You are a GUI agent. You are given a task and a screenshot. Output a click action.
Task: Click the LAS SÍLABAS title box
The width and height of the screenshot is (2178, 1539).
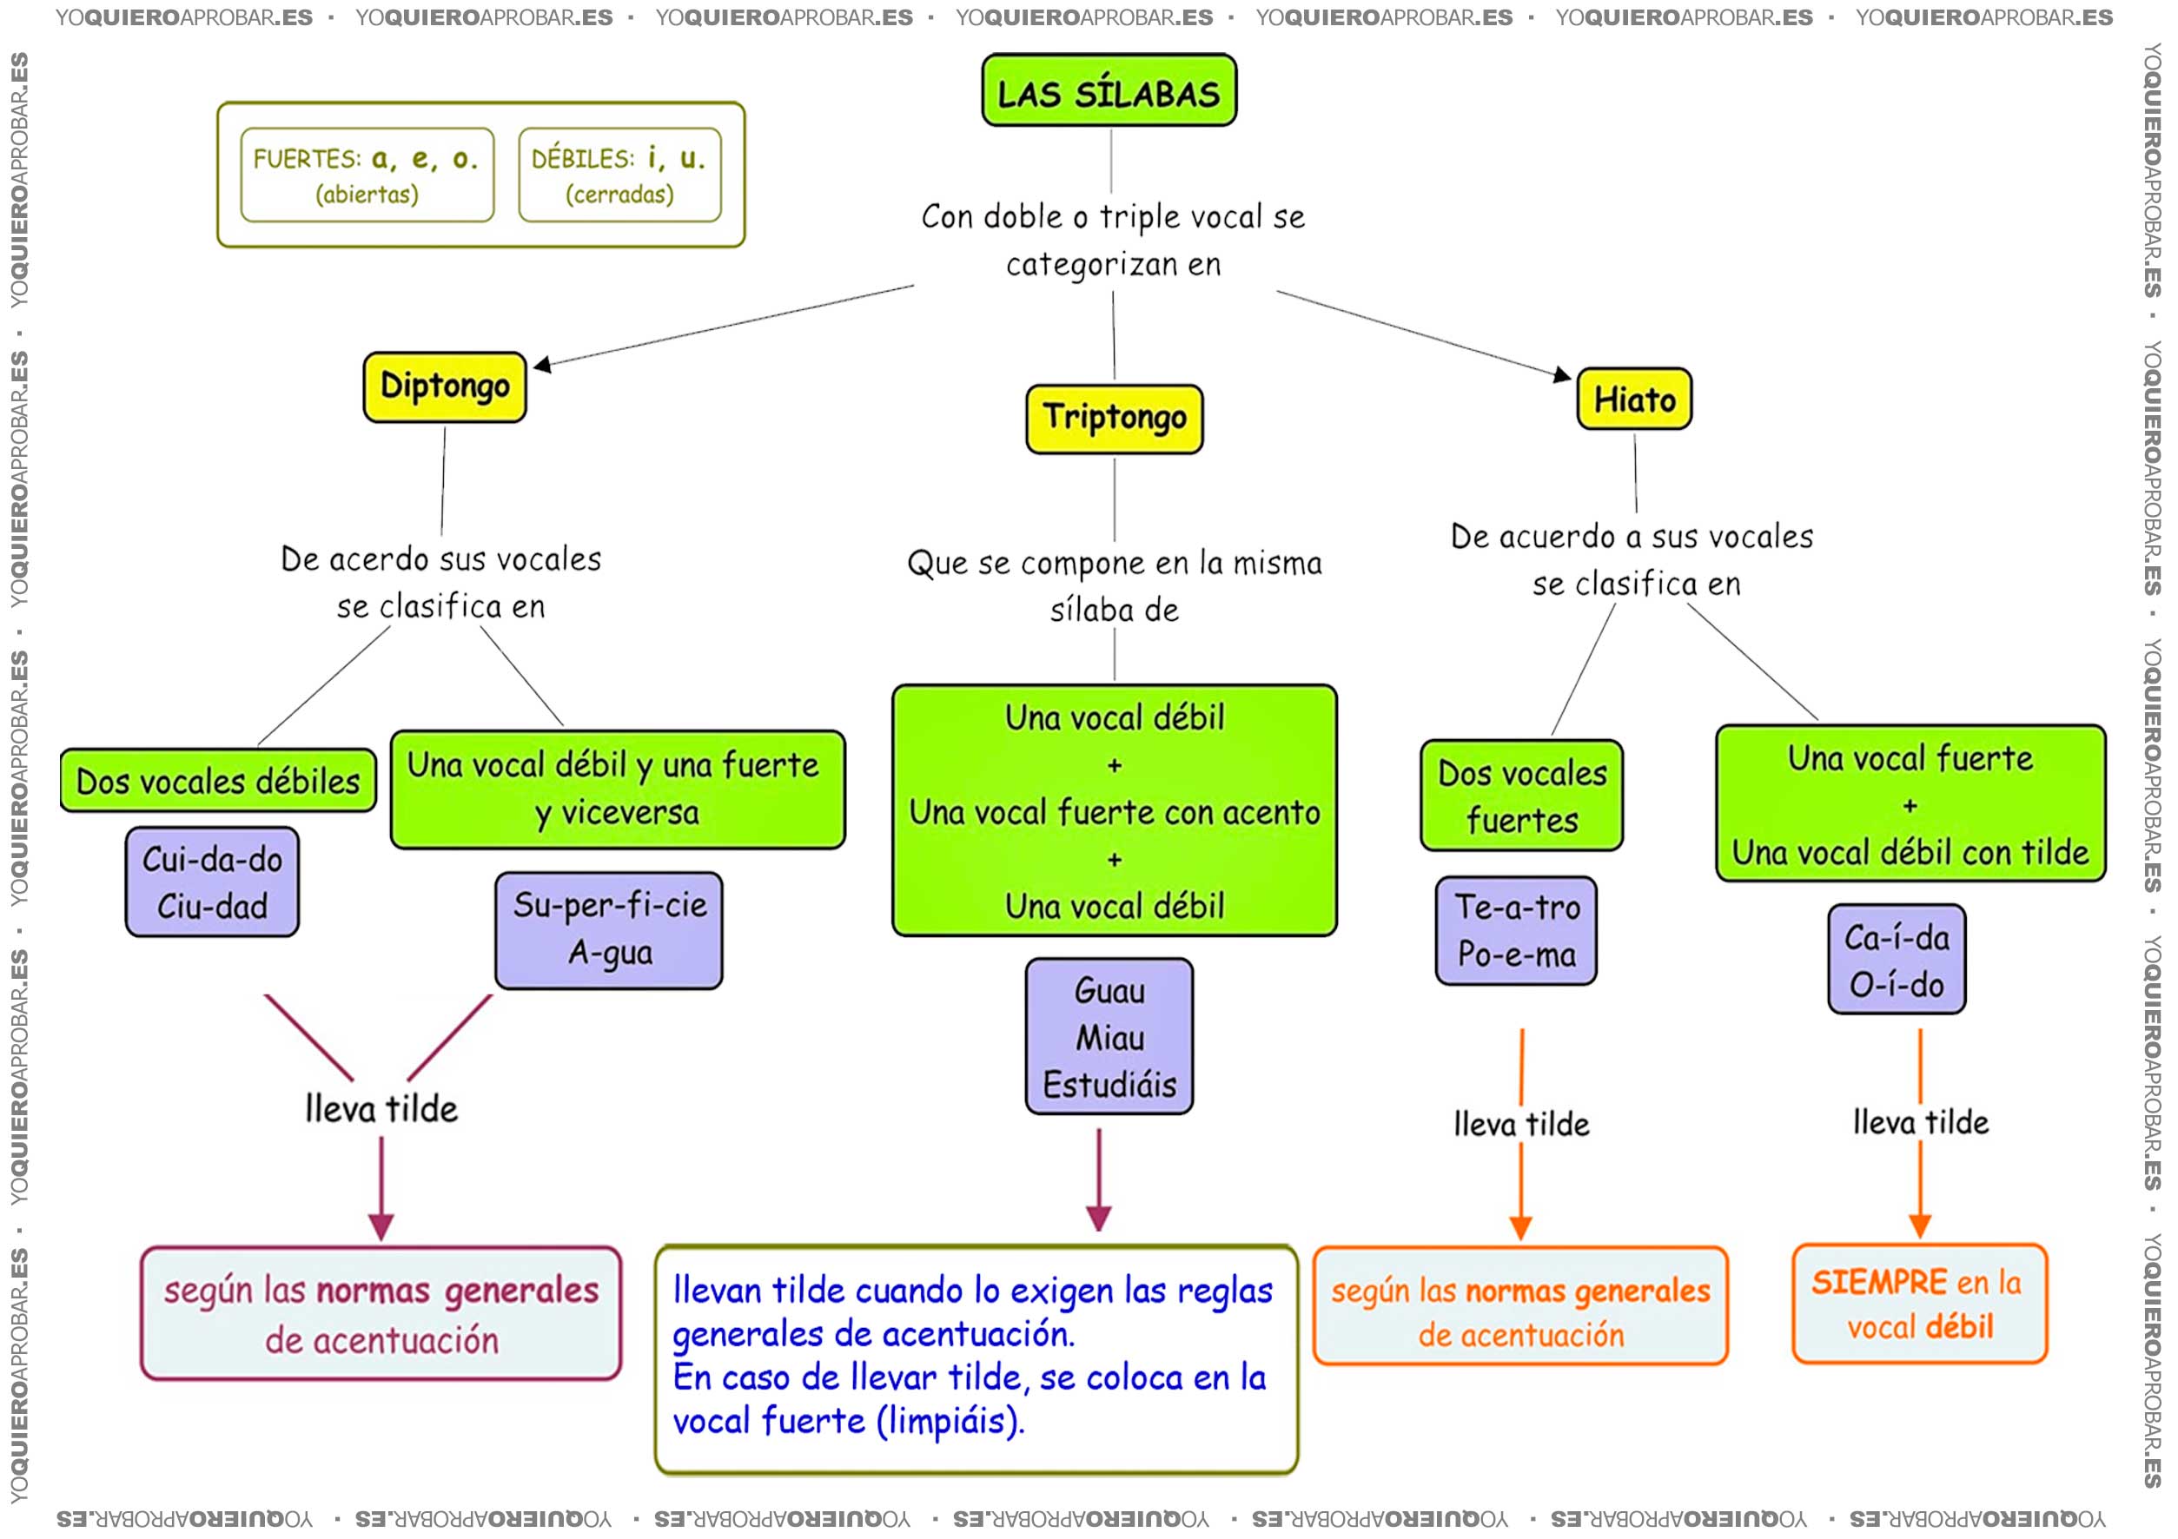pyautogui.click(x=1109, y=90)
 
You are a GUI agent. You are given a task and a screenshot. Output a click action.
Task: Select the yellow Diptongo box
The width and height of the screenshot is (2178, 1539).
pyautogui.click(x=445, y=386)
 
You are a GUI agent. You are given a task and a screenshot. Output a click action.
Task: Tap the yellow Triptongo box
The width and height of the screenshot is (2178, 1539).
pyautogui.click(x=1115, y=418)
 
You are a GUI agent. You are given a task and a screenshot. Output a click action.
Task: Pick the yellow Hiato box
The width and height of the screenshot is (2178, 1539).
pyautogui.click(x=1634, y=399)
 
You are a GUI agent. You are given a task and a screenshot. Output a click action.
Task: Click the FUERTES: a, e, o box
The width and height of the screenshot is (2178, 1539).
pyautogui.click(x=367, y=175)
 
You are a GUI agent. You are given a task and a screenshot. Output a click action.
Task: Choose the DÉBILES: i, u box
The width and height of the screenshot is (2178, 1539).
pyautogui.click(x=619, y=175)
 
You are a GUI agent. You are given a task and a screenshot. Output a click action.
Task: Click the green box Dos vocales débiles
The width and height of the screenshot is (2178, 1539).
pyautogui.click(x=218, y=781)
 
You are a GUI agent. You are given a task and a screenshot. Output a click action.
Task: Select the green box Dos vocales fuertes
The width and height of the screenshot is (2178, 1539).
pyautogui.click(x=1521, y=796)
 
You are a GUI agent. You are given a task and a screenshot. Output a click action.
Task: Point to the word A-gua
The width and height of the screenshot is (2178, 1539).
pyautogui.click(x=610, y=952)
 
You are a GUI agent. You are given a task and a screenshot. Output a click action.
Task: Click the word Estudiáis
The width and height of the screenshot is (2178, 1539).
pyautogui.click(x=1110, y=1084)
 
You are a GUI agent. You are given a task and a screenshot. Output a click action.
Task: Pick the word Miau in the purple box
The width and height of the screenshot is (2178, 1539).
pyautogui.click(x=1110, y=1037)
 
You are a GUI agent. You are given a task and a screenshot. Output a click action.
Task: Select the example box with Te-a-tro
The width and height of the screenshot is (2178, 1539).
pyautogui.click(x=1517, y=931)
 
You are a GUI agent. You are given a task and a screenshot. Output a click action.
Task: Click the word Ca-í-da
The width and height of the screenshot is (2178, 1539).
pyautogui.click(x=1897, y=938)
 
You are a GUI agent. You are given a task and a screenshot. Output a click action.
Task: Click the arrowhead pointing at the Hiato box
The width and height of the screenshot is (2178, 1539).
pyautogui.click(x=1561, y=374)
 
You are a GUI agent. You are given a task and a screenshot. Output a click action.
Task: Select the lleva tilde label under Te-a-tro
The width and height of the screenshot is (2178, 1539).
pyautogui.click(x=1521, y=1125)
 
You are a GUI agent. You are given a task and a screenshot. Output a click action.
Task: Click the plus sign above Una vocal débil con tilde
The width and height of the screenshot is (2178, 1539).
pyautogui.click(x=1910, y=806)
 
